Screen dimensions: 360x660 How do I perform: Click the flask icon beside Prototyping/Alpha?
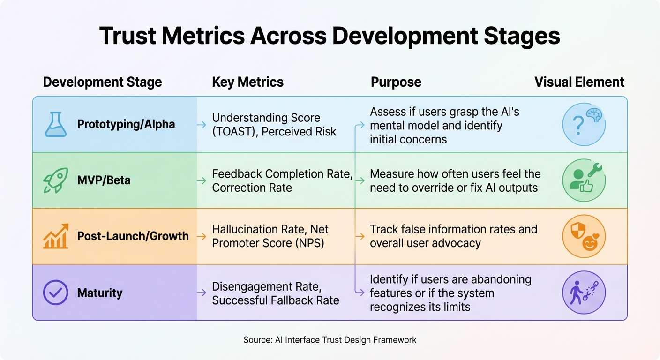(55, 124)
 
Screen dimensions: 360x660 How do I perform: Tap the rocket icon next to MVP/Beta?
(55, 180)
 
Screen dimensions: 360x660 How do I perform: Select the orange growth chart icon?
(55, 236)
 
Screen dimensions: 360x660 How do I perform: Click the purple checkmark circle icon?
(55, 292)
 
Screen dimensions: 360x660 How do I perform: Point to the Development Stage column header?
(102, 82)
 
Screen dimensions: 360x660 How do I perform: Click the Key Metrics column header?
(247, 82)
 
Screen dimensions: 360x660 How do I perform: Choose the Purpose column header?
(396, 82)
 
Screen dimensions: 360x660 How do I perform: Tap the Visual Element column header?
(579, 82)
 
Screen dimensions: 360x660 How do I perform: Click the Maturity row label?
(99, 293)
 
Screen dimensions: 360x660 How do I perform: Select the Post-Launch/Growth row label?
(133, 236)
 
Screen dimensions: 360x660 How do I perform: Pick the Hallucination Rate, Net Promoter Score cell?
(270, 236)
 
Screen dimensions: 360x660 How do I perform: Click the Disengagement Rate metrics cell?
(275, 293)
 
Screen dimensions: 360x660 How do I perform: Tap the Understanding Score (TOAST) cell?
(274, 124)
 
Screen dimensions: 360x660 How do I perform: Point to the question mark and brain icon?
(584, 124)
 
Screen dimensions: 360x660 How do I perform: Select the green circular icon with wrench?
(584, 180)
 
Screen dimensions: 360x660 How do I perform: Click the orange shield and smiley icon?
(584, 236)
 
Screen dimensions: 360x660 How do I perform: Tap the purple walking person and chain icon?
(584, 292)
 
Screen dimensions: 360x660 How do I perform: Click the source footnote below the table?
(330, 340)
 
